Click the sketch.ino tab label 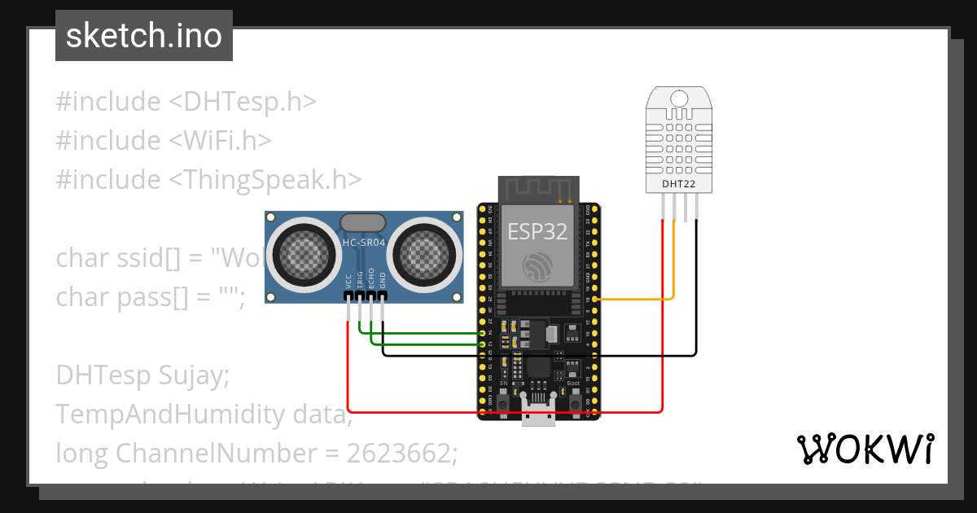[x=143, y=36]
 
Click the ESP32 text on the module [x=537, y=231]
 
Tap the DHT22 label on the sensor [x=678, y=185]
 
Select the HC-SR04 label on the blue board [x=363, y=243]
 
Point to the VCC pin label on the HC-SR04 [x=348, y=281]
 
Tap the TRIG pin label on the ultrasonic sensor [x=360, y=279]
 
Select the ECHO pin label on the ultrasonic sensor [x=371, y=279]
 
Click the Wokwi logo [x=865, y=449]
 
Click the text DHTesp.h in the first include [x=250, y=102]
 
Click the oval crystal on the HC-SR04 [x=362, y=222]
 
